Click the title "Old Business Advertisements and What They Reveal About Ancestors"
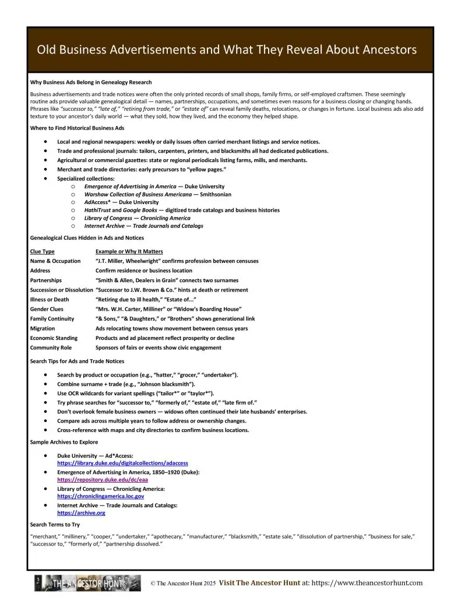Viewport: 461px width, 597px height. [x=227, y=50]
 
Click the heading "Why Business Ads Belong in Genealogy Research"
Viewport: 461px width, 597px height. [x=90, y=82]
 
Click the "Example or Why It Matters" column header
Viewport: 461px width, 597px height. [x=129, y=251]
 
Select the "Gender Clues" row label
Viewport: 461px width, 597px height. [x=47, y=309]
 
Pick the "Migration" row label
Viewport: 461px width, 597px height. [x=43, y=328]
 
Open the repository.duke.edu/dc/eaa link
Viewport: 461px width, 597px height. [x=103, y=479]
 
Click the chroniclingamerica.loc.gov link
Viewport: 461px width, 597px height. [x=100, y=496]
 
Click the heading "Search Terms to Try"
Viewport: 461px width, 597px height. [x=55, y=525]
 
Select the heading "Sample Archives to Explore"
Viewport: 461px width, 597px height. [x=64, y=442]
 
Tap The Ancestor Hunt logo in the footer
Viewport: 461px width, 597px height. [x=87, y=582]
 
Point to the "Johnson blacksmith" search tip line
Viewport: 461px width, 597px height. [x=126, y=384]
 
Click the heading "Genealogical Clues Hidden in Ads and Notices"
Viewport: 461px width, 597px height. [x=87, y=238]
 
